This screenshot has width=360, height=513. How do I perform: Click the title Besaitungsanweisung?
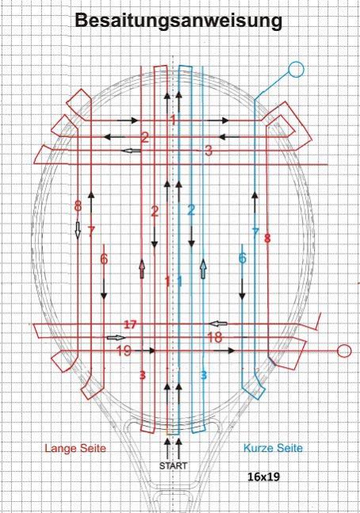(178, 21)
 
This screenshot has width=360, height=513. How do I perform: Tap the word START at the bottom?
(173, 465)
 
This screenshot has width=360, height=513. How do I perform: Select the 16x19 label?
(264, 477)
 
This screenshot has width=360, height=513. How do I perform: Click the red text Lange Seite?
(75, 448)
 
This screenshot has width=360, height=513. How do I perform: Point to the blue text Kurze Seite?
(273, 448)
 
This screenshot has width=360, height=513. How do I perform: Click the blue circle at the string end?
(296, 69)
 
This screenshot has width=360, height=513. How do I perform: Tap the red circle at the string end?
(344, 350)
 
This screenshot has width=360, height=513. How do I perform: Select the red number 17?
(130, 324)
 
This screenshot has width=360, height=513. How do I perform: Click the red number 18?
(215, 337)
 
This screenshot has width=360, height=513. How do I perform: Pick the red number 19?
(124, 350)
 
